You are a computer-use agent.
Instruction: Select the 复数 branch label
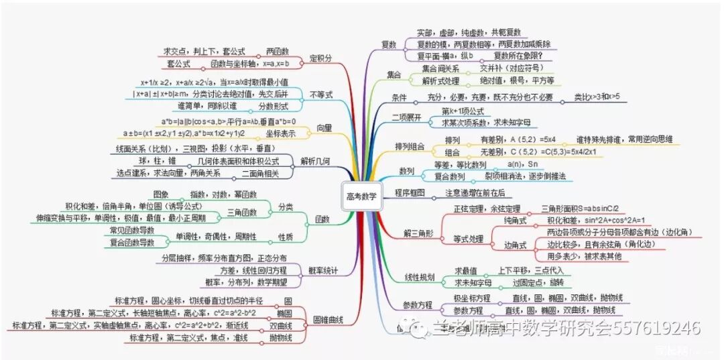[x=389, y=44]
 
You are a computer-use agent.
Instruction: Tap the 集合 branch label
[x=394, y=74]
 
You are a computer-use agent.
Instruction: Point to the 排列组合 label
[x=411, y=146]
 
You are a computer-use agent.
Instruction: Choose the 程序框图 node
[x=410, y=193]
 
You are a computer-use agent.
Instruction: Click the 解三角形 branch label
[x=418, y=233]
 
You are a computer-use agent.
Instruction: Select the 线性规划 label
[x=420, y=277]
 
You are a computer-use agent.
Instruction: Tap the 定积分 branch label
[x=320, y=58]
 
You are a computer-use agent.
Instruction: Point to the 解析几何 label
[x=316, y=162]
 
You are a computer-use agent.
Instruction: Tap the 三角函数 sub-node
[x=241, y=211]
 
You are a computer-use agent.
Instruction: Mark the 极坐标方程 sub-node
[x=469, y=298]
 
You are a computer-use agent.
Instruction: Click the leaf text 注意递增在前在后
[x=475, y=193]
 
